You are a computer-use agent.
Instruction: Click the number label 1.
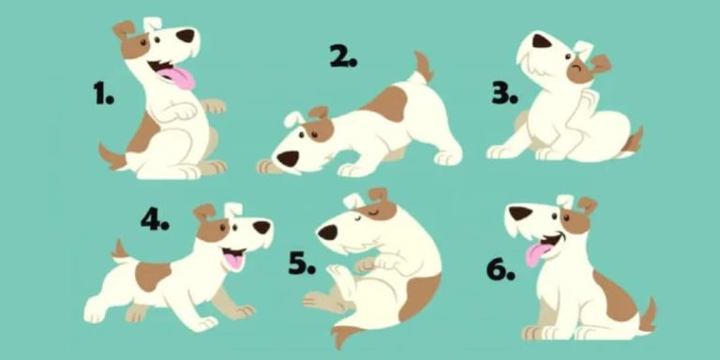103,94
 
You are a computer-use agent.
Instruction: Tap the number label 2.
343,56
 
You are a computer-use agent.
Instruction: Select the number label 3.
504,94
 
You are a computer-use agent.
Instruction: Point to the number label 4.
155,220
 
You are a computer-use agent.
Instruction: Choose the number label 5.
302,263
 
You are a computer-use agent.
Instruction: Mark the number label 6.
501,270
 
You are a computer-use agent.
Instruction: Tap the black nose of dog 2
288,159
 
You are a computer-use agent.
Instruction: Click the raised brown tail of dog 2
424,67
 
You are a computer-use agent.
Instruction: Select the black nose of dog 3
542,41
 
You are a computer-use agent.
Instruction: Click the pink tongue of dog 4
233,261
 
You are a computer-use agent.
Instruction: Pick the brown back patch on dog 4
153,276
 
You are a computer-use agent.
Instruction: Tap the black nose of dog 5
328,232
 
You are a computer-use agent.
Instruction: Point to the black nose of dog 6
520,213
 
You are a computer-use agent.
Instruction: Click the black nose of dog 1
186,36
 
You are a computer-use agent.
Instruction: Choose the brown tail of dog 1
112,157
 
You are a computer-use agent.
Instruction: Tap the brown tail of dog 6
649,315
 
